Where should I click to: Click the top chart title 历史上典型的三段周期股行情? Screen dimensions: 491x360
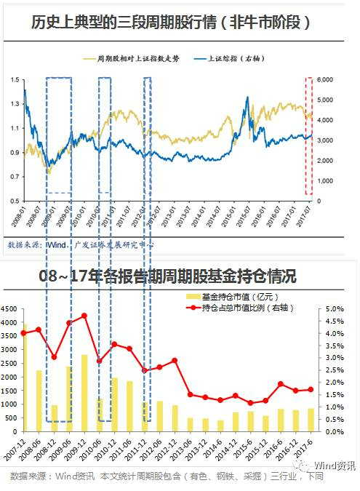pos(172,22)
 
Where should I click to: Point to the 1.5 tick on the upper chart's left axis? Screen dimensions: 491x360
pos(15,79)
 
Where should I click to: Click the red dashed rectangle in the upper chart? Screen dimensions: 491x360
pos(308,137)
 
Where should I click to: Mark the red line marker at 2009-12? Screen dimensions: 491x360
pos(85,316)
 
